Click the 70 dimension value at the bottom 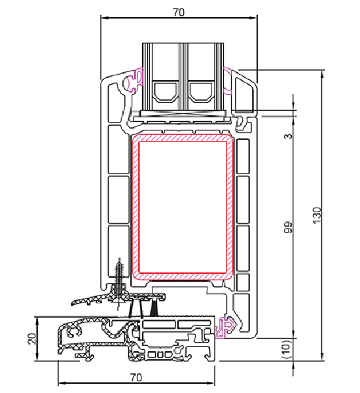pos(136,377)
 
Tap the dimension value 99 pos(287,227)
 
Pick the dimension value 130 pos(317,216)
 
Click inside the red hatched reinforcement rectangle pos(184,206)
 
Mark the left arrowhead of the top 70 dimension pos(103,17)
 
